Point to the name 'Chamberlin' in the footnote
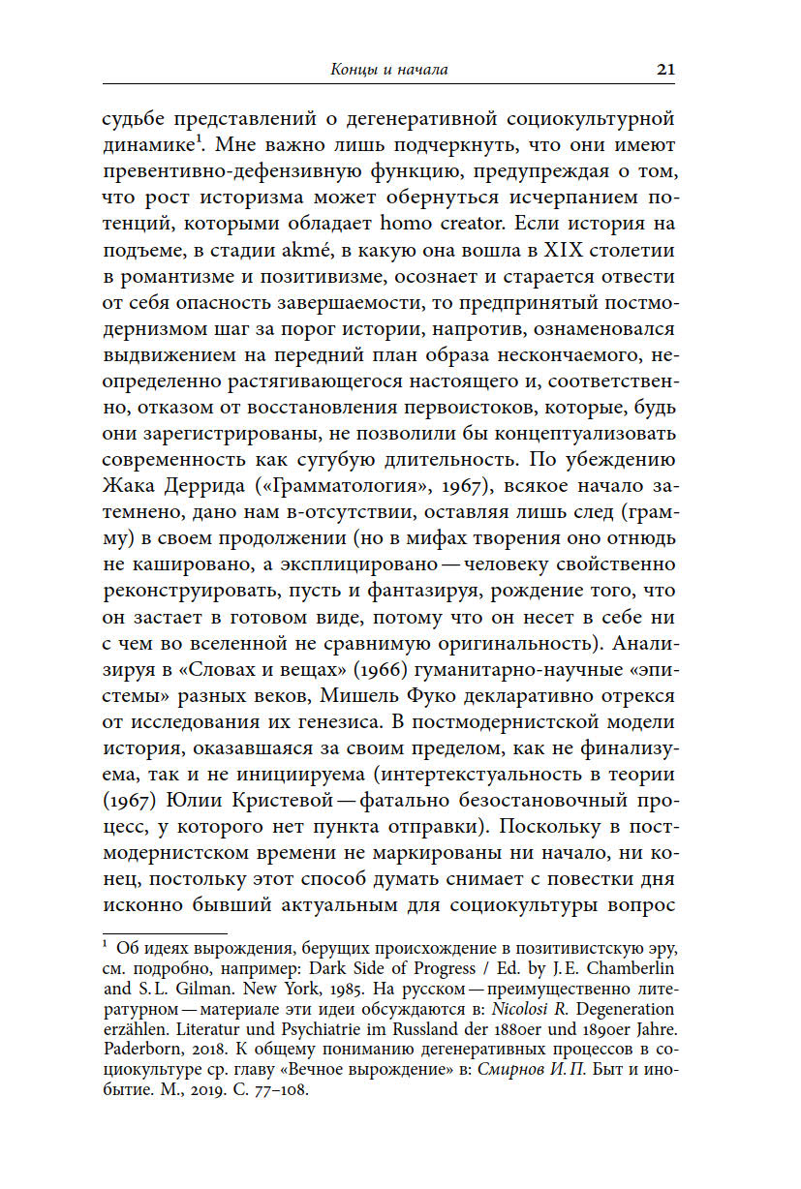click(630, 968)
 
